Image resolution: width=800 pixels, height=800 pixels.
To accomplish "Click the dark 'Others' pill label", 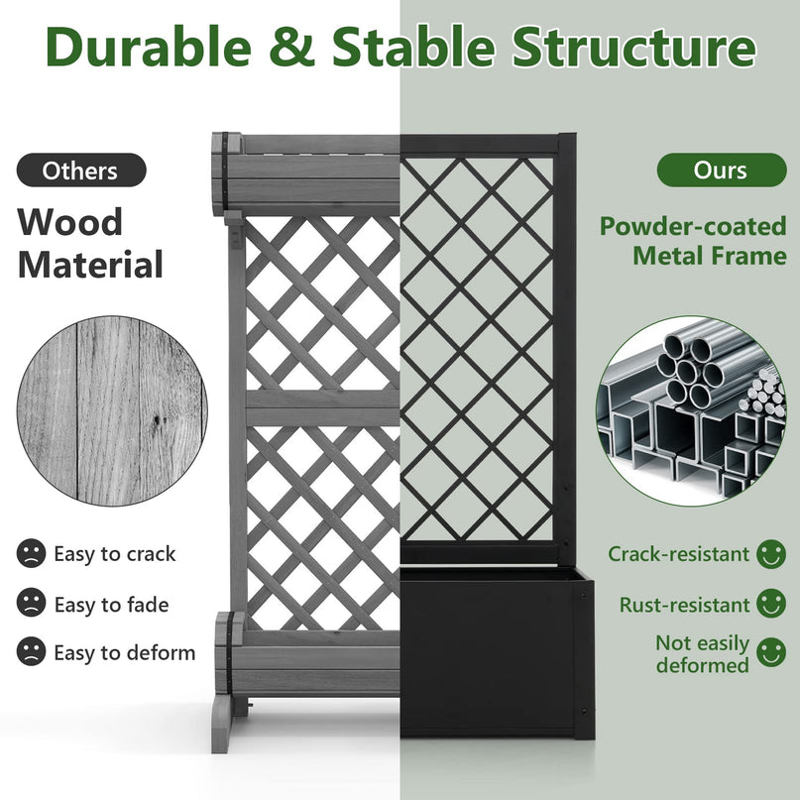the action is click(81, 170).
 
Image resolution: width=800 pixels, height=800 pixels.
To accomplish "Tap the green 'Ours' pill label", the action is click(722, 170).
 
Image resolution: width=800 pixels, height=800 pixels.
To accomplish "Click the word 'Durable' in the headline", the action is click(149, 47).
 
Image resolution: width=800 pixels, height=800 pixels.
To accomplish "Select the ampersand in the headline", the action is click(292, 47).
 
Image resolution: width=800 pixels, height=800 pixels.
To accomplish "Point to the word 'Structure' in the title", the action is click(634, 47).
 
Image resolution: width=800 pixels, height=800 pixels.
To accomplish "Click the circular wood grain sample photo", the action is click(112, 411).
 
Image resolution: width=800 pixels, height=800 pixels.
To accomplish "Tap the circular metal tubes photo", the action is click(691, 411).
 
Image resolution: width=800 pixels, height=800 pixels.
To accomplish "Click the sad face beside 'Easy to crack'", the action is click(31, 553).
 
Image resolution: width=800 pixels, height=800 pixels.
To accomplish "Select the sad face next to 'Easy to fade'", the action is click(31, 603).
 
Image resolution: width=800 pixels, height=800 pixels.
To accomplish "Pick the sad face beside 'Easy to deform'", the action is click(31, 651).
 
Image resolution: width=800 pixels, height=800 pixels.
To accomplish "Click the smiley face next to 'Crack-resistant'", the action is click(771, 554).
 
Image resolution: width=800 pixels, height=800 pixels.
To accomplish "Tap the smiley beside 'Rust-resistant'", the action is click(771, 603).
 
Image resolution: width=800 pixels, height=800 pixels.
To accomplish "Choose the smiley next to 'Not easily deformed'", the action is click(771, 652).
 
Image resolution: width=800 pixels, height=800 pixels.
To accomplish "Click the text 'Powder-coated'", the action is click(693, 226).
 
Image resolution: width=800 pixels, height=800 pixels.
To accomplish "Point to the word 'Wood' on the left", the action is click(70, 222).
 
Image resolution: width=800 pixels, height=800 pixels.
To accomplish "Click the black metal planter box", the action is click(497, 653).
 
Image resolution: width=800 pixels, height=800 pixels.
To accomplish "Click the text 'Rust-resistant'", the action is click(684, 605).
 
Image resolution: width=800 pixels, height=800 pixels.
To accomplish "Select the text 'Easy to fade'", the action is click(111, 605).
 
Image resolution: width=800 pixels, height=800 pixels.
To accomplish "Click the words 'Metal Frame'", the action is click(710, 256).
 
